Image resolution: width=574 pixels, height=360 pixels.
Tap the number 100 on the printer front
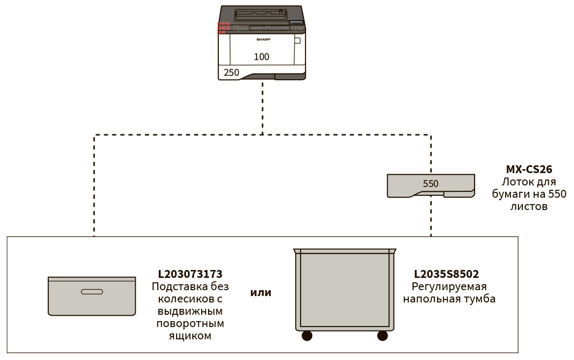[x=262, y=57]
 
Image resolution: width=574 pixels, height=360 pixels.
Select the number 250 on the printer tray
[x=232, y=73]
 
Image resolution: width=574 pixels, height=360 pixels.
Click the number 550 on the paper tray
[x=430, y=184]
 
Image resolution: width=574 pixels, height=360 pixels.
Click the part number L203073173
[x=190, y=274]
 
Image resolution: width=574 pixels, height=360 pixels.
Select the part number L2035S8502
[x=446, y=274]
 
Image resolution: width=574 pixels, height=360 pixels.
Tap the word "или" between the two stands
[x=261, y=293]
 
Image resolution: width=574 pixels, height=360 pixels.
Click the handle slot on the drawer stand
[x=92, y=292]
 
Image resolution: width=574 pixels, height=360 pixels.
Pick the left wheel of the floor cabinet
[x=307, y=336]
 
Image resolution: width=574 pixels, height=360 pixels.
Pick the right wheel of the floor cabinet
[x=382, y=336]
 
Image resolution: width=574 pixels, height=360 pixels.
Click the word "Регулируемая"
[x=449, y=287]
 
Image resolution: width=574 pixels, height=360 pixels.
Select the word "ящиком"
[x=190, y=336]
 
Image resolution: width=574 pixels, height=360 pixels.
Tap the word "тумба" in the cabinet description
[x=480, y=299]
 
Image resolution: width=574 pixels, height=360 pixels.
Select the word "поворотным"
[x=190, y=324]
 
